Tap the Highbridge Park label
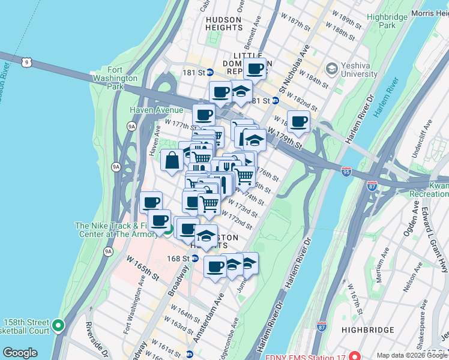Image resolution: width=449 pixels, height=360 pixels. pos(387,22)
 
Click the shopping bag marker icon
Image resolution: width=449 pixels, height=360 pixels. pos(172,160)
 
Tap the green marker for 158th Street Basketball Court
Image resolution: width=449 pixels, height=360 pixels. pos(58,326)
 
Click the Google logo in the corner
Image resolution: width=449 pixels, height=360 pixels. pos(20,353)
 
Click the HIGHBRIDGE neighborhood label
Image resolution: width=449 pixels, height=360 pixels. pos(367,329)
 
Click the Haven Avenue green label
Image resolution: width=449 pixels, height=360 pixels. pos(156,110)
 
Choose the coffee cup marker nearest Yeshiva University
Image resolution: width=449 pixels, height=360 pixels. pos(298,122)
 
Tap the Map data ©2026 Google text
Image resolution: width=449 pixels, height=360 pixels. pos(411,356)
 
